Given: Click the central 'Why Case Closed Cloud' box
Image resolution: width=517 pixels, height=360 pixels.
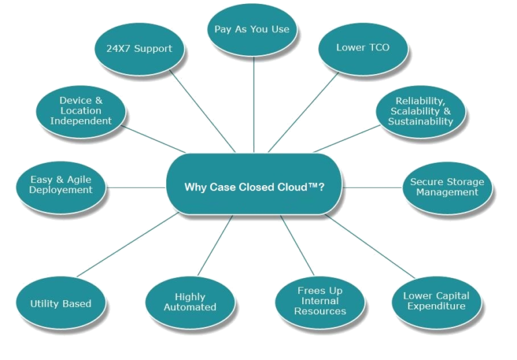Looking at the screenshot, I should pyautogui.click(x=254, y=184).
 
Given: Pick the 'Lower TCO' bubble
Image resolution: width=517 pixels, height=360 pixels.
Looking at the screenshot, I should pyautogui.click(x=362, y=48).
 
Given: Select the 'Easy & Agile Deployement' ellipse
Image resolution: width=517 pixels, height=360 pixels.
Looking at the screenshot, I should pyautogui.click(x=61, y=184).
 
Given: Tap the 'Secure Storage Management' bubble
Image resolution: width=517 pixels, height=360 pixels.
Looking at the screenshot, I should pyautogui.click(x=447, y=186).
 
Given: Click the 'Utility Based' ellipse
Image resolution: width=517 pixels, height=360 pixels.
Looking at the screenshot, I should pyautogui.click(x=61, y=303).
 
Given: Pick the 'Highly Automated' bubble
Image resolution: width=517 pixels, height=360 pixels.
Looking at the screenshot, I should pyautogui.click(x=190, y=301).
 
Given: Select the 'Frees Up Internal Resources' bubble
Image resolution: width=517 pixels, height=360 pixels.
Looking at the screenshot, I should pyautogui.click(x=320, y=301).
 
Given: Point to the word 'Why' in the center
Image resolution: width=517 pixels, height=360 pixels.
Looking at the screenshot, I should pyautogui.click(x=195, y=187).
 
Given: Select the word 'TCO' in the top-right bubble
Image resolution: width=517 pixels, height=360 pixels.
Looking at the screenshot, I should pyautogui.click(x=378, y=48).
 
